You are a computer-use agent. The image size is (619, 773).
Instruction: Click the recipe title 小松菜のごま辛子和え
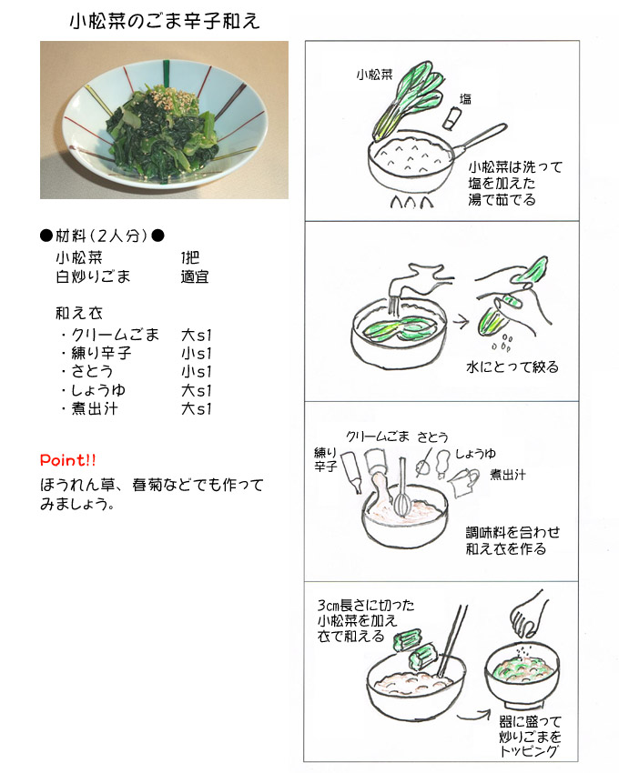tap(165, 21)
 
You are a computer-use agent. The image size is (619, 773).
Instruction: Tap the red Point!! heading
tap(68, 460)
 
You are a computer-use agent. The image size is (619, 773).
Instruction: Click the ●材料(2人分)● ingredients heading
tap(102, 236)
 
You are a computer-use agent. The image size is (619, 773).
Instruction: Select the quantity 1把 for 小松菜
tap(190, 257)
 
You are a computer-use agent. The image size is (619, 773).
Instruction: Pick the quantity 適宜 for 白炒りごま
tap(195, 276)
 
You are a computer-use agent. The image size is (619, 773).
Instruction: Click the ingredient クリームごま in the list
tap(115, 335)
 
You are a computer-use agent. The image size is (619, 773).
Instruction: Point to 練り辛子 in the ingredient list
tap(101, 353)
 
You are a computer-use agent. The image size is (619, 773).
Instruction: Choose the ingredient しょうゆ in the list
tap(98, 390)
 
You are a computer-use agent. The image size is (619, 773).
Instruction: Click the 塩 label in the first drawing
tap(465, 99)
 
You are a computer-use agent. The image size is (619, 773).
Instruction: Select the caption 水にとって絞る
tap(512, 366)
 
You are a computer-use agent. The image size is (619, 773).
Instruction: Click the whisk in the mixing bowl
tap(402, 489)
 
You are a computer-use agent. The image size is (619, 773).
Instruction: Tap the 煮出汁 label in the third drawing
tap(507, 474)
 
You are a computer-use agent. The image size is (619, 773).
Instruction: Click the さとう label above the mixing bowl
tap(433, 437)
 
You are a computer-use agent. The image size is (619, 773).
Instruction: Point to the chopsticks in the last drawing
tap(452, 641)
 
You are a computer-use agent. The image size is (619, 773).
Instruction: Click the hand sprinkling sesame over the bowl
tap(528, 614)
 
